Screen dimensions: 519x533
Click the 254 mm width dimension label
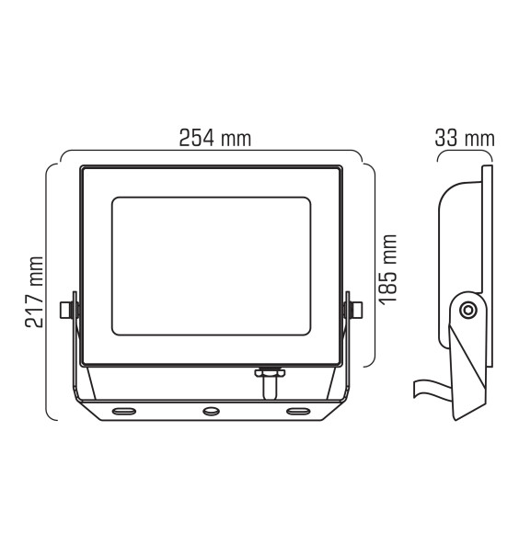(215, 138)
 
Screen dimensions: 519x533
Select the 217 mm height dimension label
(34, 292)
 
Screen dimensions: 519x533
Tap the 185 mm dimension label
(387, 269)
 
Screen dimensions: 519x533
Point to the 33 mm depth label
(465, 138)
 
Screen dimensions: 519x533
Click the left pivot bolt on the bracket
(66, 310)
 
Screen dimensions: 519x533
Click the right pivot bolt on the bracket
(355, 310)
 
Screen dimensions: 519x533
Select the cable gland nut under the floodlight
(270, 372)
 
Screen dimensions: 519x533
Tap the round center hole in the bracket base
(211, 412)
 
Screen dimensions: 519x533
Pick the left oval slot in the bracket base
(124, 412)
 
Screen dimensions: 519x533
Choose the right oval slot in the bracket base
(298, 412)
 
